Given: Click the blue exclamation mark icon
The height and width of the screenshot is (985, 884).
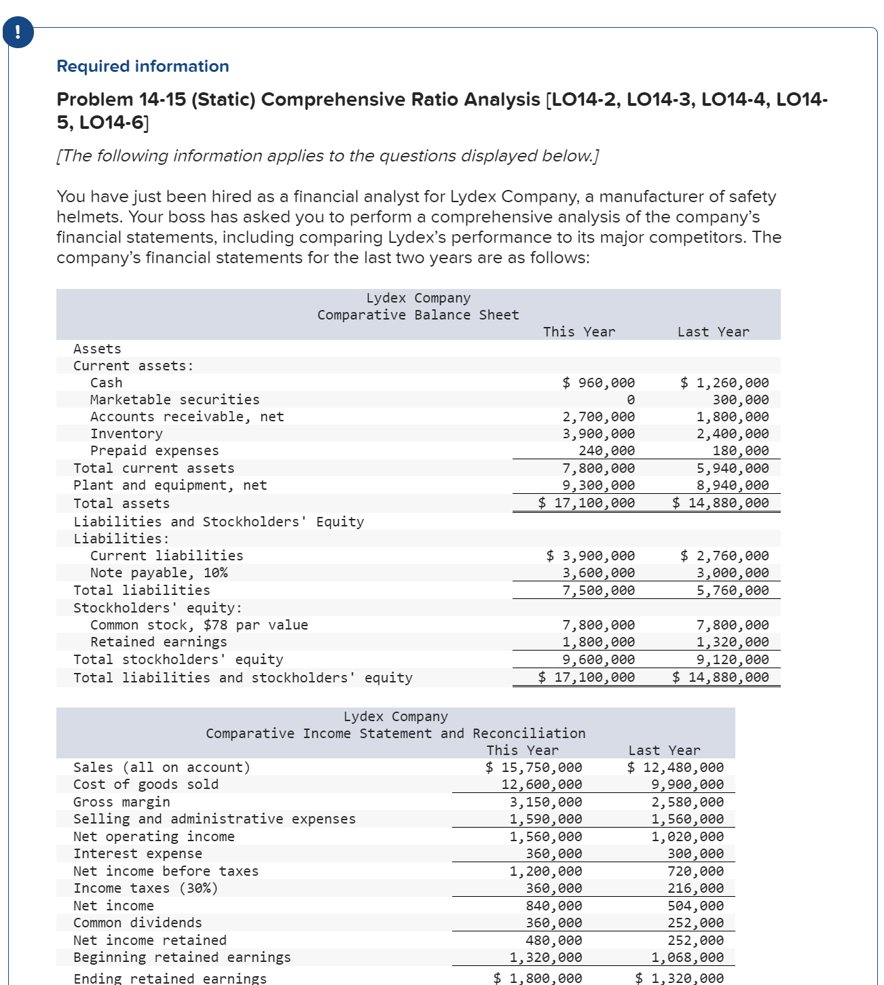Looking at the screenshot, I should pos(18,33).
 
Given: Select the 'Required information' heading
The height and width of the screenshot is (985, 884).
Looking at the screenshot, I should pos(143,66).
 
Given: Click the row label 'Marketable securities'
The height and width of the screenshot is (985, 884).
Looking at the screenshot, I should pos(174,400).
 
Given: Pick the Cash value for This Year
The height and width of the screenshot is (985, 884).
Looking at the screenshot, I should pos(599,383).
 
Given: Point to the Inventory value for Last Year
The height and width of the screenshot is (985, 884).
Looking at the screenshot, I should pos(733,433).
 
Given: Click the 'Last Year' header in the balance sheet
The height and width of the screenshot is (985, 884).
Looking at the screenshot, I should pos(713,332).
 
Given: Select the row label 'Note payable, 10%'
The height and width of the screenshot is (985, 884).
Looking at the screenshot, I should pos(159,573).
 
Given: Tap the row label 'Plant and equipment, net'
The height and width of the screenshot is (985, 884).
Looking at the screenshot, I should pos(170,485).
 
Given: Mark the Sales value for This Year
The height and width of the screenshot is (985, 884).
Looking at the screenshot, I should pos(534,767).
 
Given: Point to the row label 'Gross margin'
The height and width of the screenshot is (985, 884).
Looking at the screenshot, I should pos(122,802).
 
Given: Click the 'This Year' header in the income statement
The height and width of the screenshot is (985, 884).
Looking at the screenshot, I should pos(522,750).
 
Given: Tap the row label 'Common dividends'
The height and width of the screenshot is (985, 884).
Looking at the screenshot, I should pos(137,923).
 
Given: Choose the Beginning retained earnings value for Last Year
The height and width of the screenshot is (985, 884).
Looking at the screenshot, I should pos(687,957).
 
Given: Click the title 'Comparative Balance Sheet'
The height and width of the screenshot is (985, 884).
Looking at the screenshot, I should pos(418,315).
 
